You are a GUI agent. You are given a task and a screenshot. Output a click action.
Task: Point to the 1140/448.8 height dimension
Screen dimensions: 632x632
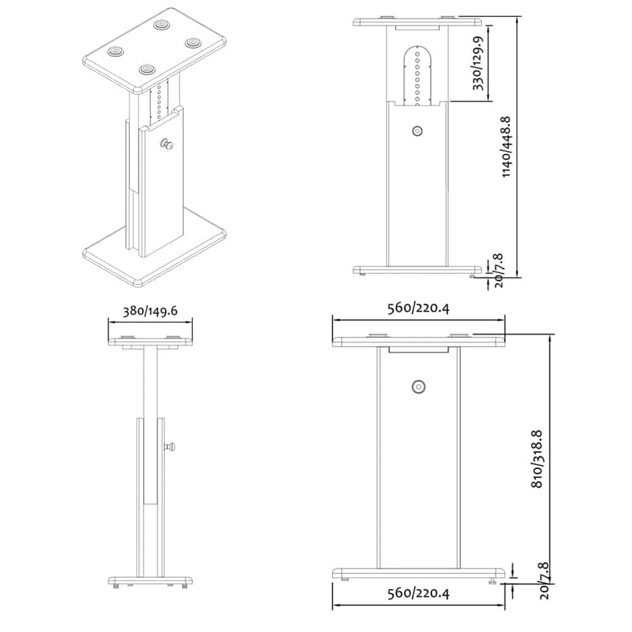(506, 147)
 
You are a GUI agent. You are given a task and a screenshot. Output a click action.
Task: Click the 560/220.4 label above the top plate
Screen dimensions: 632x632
(418, 308)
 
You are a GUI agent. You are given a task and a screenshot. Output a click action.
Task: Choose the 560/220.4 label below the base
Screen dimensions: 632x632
(418, 593)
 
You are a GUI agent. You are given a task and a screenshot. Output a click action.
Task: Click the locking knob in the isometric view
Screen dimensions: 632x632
(168, 145)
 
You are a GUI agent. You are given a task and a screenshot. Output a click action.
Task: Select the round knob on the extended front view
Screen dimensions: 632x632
(416, 131)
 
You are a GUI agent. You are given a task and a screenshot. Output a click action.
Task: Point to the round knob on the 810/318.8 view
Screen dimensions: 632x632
(418, 387)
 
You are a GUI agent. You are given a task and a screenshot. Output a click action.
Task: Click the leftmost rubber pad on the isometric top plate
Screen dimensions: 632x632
(116, 51)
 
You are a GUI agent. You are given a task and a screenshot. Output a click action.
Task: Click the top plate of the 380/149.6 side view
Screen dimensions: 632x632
(150, 341)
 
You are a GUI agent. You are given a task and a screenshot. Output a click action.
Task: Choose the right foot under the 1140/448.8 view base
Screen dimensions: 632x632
(472, 275)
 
